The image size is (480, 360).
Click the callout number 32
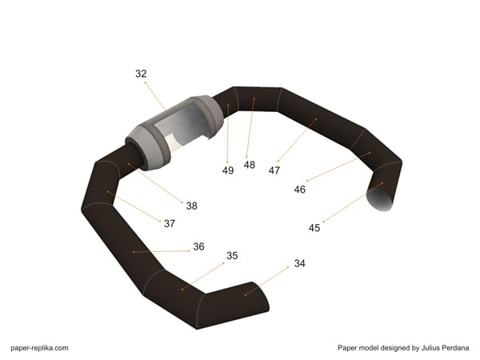pyautogui.click(x=141, y=74)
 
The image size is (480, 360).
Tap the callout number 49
pyautogui.click(x=228, y=170)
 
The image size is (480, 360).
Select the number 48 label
pyautogui.click(x=250, y=165)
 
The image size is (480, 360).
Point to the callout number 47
pyautogui.click(x=274, y=170)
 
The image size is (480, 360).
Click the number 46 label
pyautogui.click(x=300, y=190)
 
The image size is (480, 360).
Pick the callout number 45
pyautogui.click(x=314, y=228)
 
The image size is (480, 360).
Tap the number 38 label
pyautogui.click(x=192, y=206)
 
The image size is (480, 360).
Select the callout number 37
pyautogui.click(x=170, y=223)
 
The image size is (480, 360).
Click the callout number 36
pyautogui.click(x=198, y=246)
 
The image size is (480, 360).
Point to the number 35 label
pyautogui.click(x=232, y=256)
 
